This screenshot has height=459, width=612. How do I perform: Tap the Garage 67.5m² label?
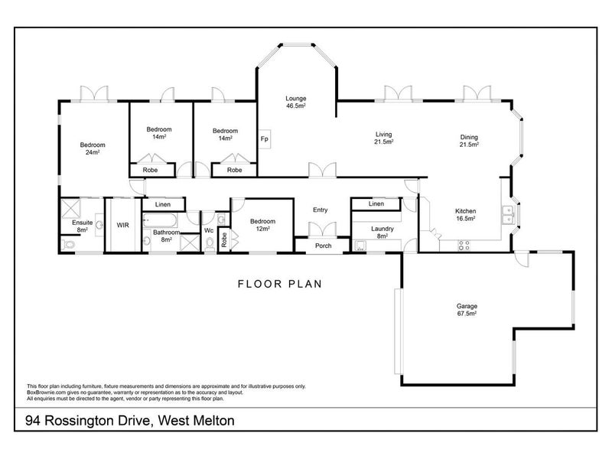(467, 310)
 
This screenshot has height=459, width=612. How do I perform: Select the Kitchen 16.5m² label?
(466, 215)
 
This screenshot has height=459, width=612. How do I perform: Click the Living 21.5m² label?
(383, 138)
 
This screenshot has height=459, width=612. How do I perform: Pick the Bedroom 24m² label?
(93, 148)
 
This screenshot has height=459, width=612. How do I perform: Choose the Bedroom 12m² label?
(263, 226)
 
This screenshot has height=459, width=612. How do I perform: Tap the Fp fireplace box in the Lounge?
(265, 140)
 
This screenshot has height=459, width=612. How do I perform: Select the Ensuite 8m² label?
(83, 226)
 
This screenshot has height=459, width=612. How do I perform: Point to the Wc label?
(208, 230)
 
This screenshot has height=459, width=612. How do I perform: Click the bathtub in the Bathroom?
(161, 222)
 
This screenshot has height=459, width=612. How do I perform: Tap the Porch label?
(323, 246)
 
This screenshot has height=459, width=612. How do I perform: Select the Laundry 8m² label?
(382, 232)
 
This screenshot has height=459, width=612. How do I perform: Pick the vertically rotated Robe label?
(224, 239)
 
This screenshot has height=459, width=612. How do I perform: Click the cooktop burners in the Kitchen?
(464, 246)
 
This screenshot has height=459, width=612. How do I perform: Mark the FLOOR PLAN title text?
(278, 284)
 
